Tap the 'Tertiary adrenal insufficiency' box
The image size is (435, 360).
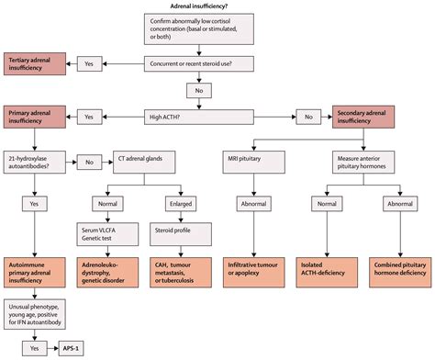(35, 63)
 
